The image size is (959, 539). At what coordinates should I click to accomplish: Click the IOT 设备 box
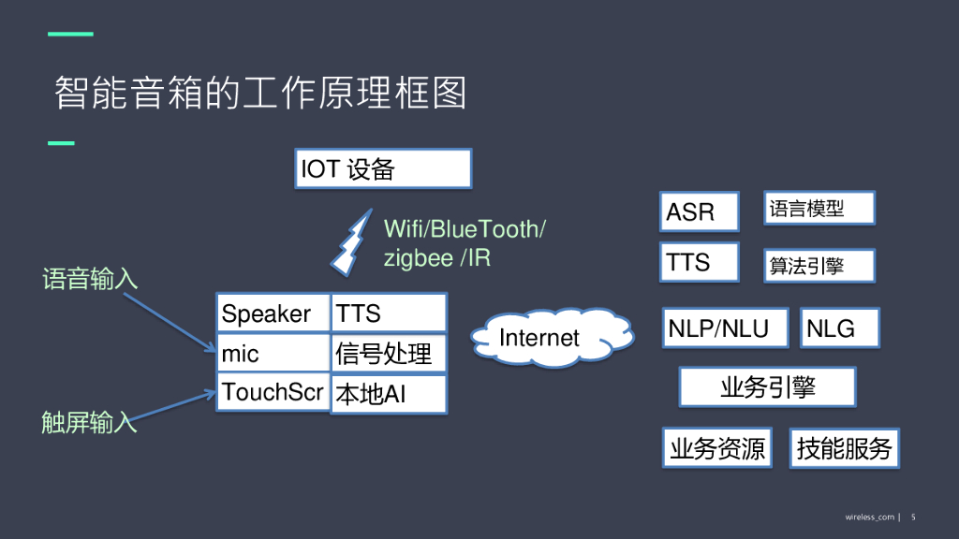383,169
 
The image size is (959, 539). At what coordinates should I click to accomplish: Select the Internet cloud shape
539,338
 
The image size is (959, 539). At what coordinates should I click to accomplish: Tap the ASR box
700,211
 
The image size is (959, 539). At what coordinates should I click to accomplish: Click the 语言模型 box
819,209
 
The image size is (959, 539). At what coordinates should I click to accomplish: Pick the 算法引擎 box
819,266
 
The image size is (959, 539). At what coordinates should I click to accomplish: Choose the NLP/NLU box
725,328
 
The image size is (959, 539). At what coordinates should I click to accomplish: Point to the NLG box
840,328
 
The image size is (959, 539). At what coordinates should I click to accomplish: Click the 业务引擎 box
767,386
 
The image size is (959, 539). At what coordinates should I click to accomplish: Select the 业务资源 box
717,449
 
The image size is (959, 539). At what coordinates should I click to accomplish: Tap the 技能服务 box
844,449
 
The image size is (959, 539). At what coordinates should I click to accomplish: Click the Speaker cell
273,313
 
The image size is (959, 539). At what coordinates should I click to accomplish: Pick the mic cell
273,354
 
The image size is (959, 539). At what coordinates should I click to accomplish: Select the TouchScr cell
273,392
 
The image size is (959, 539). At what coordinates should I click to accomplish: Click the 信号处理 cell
389,354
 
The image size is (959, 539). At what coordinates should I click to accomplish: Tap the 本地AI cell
389,395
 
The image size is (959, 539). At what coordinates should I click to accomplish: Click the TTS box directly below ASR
700,262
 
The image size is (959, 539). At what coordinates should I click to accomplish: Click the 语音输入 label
90,279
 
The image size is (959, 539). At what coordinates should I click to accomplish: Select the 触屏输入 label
89,423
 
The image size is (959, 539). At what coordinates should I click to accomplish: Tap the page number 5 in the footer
913,517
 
